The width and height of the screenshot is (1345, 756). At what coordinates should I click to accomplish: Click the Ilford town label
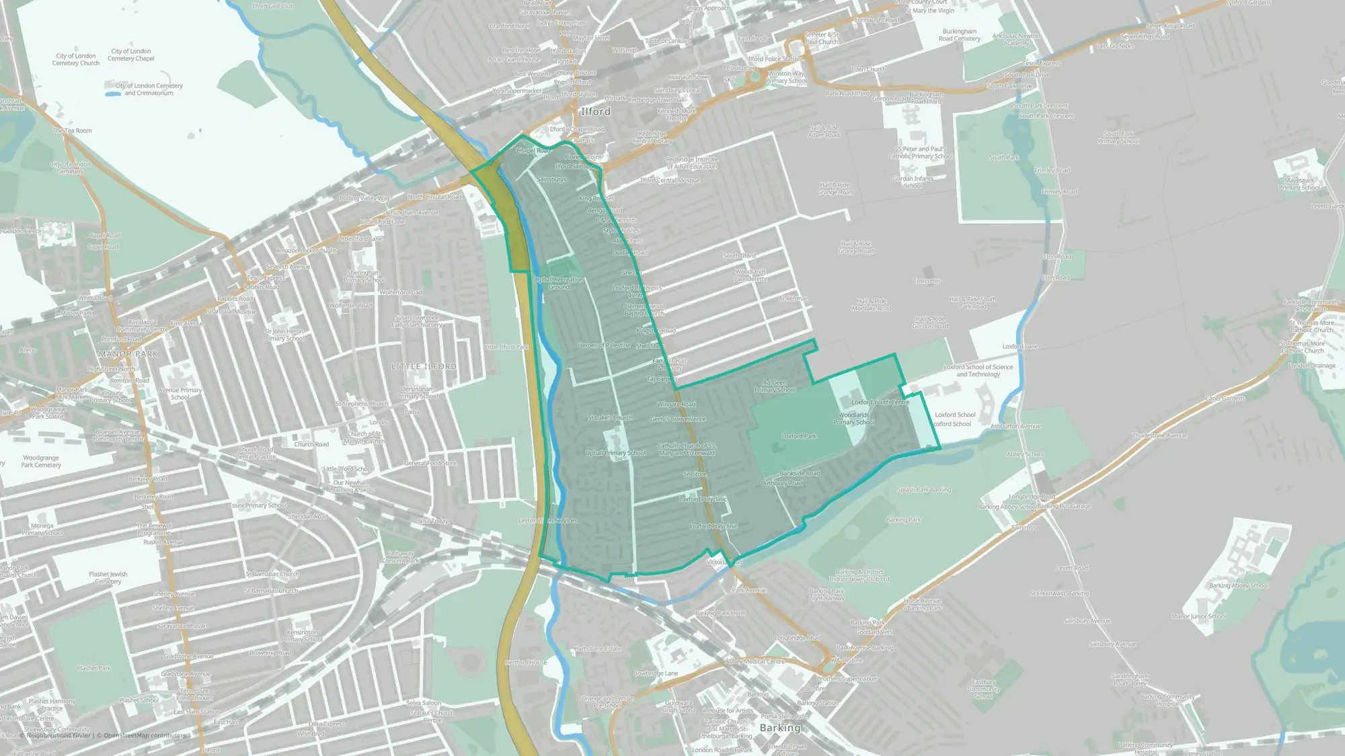(596, 112)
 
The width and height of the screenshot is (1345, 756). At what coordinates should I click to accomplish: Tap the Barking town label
(780, 728)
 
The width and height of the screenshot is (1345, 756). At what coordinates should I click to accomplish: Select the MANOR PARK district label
(128, 354)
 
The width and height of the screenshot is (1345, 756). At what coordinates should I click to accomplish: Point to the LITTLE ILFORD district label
(424, 366)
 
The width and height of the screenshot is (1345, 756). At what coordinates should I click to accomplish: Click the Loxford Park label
(799, 436)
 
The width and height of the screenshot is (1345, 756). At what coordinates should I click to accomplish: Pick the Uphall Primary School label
(615, 453)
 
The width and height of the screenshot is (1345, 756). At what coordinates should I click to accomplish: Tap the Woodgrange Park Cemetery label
(40, 461)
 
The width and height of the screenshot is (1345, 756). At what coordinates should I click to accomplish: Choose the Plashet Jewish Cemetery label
(108, 578)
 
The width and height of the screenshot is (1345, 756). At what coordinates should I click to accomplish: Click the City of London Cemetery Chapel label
(131, 54)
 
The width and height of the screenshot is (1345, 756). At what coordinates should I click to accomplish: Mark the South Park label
(1004, 157)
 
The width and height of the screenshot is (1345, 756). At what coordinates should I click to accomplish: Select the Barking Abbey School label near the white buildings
(1238, 585)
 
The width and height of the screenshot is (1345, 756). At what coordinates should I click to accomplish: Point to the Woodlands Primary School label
(854, 419)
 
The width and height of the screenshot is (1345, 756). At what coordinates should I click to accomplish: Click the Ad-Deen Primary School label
(775, 386)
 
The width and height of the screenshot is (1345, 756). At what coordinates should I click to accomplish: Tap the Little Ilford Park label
(506, 347)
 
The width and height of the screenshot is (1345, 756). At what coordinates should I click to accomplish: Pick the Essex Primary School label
(258, 505)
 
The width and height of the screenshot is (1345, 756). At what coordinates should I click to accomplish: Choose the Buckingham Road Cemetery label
(959, 35)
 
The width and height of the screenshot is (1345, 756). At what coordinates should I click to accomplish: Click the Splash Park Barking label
(924, 490)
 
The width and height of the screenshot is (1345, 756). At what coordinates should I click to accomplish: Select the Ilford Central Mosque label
(670, 180)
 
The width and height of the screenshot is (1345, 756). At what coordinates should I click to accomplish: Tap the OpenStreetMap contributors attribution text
(145, 735)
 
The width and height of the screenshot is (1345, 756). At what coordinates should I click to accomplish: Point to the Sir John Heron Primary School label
(284, 335)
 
